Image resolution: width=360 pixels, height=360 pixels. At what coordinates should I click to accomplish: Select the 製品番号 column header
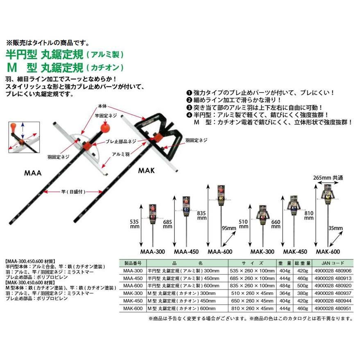point(132,263)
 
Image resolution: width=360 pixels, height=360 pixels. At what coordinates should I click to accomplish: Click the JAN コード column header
point(331,263)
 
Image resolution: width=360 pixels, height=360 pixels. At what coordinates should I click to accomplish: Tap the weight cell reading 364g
point(284,292)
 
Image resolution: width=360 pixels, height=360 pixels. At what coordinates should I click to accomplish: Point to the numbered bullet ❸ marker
point(189,107)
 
